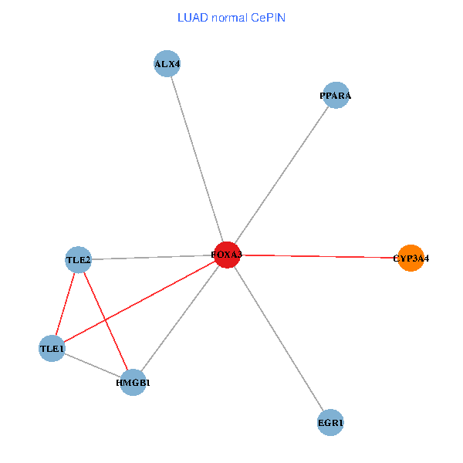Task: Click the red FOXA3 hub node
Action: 226,254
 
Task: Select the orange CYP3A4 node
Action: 411,259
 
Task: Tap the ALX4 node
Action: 167,64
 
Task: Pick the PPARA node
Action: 336,96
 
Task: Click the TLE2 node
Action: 79,260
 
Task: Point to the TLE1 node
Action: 52,349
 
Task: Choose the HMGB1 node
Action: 133,382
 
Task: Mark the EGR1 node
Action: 330,422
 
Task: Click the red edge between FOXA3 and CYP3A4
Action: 318,256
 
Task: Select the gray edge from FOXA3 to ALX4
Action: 197,159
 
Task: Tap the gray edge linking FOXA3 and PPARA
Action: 281,175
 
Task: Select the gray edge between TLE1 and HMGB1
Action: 93,366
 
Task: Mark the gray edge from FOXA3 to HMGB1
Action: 179,318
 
